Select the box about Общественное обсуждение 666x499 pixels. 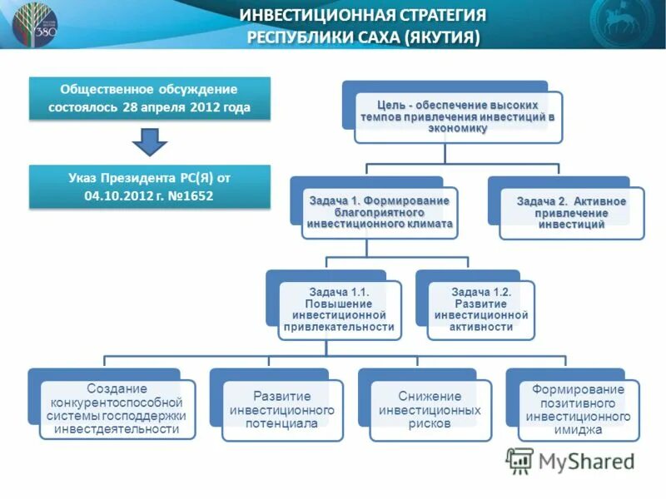(x=150, y=98)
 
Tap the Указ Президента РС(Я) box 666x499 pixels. (x=150, y=185)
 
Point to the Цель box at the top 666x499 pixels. (x=456, y=116)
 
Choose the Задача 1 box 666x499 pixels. (x=379, y=212)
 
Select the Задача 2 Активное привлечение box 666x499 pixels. (x=571, y=213)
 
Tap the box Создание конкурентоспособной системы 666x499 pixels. (x=117, y=408)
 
